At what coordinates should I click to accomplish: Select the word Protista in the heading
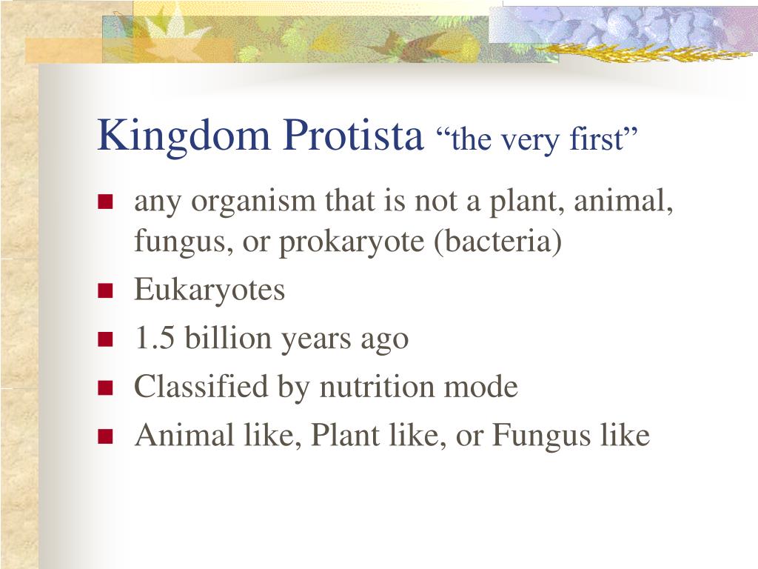point(353,135)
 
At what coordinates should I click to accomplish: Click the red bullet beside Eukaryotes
point(105,290)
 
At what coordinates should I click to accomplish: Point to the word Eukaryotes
point(209,291)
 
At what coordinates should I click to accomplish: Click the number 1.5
point(155,338)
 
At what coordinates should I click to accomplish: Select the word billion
point(228,337)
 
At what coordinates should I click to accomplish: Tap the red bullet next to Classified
point(105,387)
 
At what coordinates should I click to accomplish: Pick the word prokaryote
point(352,242)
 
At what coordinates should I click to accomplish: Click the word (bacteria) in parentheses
point(497,242)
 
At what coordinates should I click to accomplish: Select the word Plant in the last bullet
point(345,434)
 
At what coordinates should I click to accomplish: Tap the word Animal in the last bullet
point(184,434)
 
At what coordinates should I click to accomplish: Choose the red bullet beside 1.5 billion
point(105,339)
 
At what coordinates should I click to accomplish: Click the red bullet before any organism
point(105,202)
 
